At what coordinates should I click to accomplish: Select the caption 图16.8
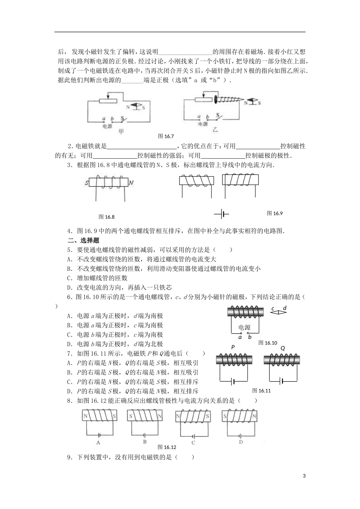(x=106, y=217)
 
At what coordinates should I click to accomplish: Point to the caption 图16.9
(x=275, y=213)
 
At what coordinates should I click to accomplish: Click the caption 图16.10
(x=268, y=343)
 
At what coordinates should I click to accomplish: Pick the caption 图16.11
(x=261, y=391)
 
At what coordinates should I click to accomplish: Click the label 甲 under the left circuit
(x=121, y=131)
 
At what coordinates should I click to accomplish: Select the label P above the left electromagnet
(x=233, y=347)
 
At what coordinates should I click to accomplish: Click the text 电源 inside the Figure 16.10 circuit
(x=244, y=328)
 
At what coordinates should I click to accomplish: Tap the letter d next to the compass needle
(x=285, y=308)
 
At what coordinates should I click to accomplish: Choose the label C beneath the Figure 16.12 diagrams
(x=193, y=442)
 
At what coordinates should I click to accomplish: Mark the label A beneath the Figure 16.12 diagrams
(x=98, y=442)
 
